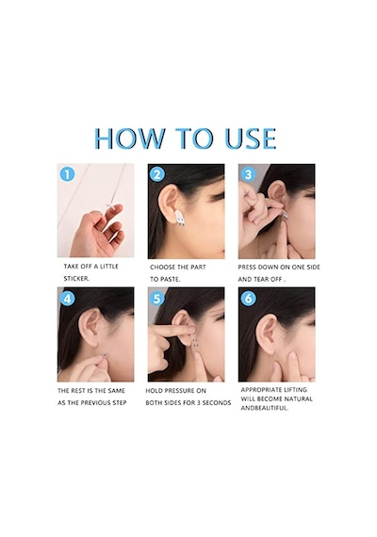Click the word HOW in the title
coord(130,138)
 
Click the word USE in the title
coord(250,138)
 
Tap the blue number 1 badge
coord(67,174)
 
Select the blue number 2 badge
coord(157,174)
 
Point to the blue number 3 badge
coord(248,174)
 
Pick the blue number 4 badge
coord(67,299)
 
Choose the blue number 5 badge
coord(157,299)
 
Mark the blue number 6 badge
coord(248,299)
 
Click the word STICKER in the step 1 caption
coord(75,279)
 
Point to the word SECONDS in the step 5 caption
coord(217,403)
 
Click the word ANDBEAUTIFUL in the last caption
coord(264,408)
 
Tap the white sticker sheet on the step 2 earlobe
coord(180,219)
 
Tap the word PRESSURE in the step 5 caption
coord(185,391)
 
